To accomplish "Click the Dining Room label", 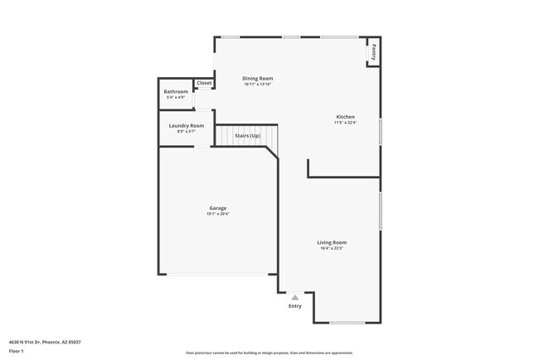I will [258, 78].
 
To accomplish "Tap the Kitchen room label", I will [345, 117].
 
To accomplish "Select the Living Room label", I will [332, 242].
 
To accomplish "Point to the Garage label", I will [217, 208].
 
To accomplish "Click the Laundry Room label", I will [186, 125].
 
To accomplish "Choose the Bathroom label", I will [176, 91].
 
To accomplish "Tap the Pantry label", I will [373, 52].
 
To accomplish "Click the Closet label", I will [204, 83].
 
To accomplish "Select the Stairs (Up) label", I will [248, 134].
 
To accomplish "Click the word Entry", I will [295, 306].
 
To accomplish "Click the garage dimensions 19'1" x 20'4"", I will [217, 214].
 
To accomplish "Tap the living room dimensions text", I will [332, 248].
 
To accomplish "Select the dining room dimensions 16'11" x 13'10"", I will [258, 84].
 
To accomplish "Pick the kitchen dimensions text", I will [345, 123].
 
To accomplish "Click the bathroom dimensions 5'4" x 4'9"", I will [176, 97].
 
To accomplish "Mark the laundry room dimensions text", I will [186, 131].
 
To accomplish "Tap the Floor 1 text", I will [16, 352].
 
